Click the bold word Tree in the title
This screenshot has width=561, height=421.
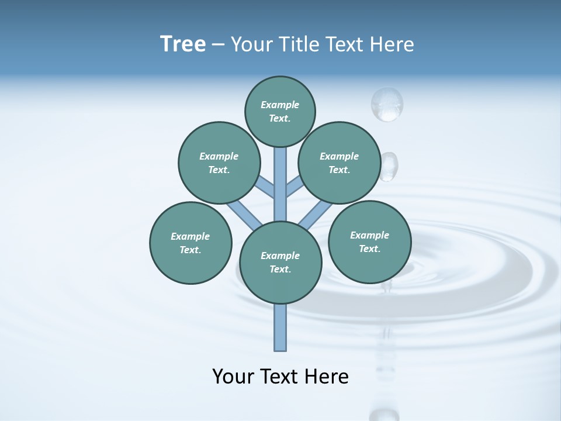183,44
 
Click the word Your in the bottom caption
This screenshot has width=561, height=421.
233,377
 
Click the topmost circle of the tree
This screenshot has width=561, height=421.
280,111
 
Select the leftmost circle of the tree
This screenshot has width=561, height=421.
191,243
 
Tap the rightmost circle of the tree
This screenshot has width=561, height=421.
369,241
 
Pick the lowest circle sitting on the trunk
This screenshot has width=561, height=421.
280,263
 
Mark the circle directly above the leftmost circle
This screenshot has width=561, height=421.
219,163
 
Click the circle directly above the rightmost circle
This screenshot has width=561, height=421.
340,163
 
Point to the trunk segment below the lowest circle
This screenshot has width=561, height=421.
280,327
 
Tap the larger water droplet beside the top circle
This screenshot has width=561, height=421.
387,104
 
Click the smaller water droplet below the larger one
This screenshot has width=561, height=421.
389,166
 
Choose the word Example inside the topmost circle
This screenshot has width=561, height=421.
280,105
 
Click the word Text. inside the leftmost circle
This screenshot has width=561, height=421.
191,250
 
